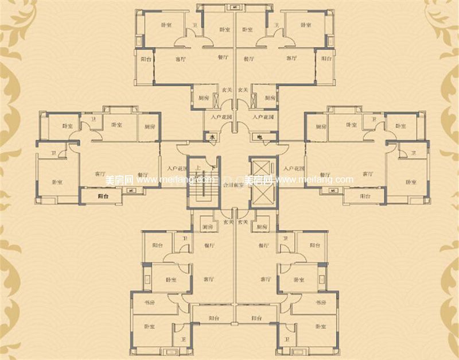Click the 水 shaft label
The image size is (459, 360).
[212, 137]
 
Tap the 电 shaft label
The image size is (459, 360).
[259, 137]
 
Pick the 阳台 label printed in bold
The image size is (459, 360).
[103, 196]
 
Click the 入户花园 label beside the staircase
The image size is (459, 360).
[174, 169]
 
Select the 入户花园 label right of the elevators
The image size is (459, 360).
[293, 169]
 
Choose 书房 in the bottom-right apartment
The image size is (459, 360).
[320, 302]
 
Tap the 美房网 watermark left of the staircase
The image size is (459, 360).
[120, 180]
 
